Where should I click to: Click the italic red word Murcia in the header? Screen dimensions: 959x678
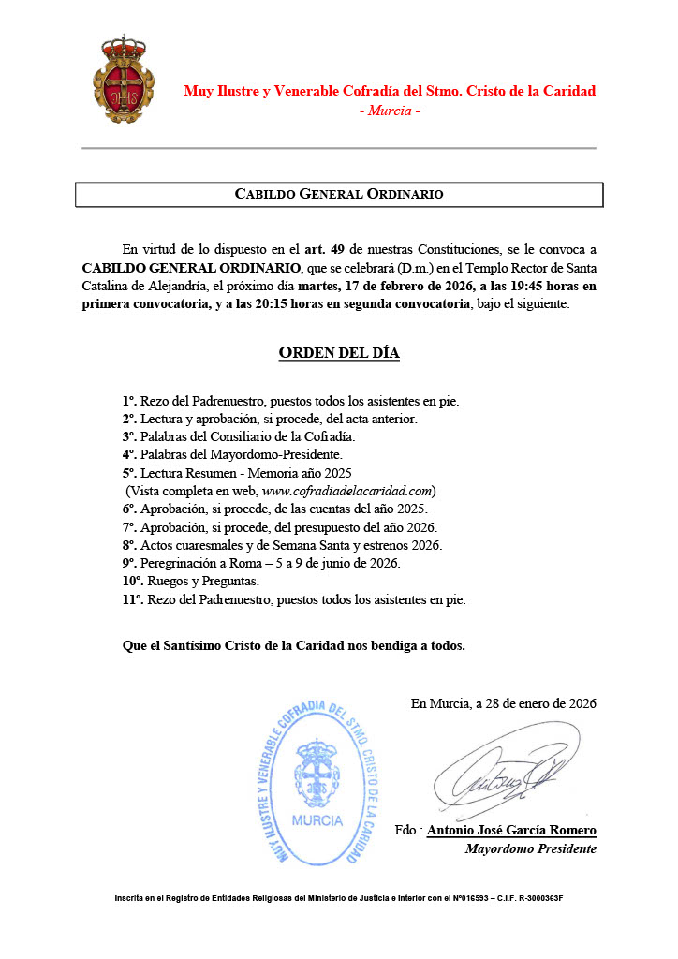click(390, 111)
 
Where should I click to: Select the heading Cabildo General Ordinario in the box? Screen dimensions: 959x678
click(338, 194)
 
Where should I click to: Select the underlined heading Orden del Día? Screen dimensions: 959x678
click(339, 353)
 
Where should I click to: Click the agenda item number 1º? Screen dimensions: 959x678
click(129, 402)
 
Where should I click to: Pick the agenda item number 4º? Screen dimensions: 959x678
click(129, 455)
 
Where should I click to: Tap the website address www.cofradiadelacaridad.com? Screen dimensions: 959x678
click(347, 491)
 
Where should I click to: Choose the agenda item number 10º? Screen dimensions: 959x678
click(132, 581)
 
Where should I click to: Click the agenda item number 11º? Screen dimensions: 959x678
click(132, 598)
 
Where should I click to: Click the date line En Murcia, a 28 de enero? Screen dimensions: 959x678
click(503, 703)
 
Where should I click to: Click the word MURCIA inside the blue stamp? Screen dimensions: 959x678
click(317, 820)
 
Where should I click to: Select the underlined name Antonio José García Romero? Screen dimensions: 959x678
click(511, 831)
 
